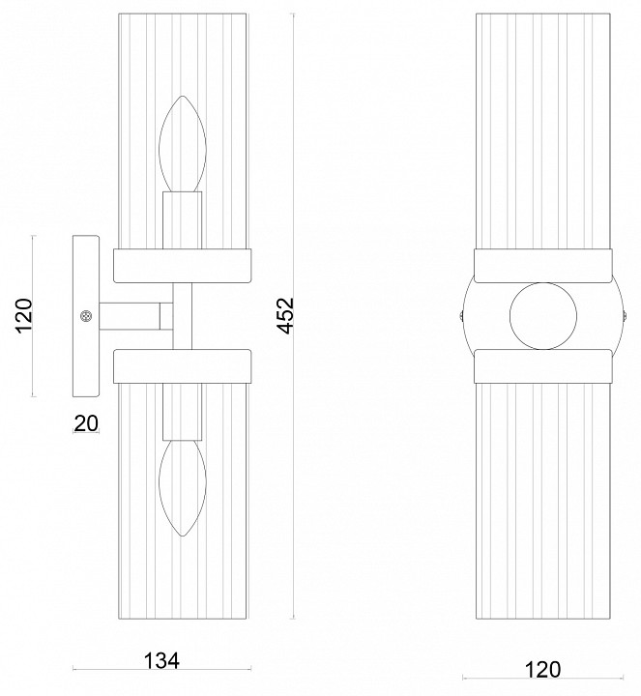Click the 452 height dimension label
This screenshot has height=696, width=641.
click(x=285, y=315)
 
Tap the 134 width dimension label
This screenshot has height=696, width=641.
click(x=161, y=661)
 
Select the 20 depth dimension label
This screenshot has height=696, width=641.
click(x=86, y=423)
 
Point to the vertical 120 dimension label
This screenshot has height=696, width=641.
click(x=24, y=315)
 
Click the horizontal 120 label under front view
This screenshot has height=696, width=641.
click(x=542, y=669)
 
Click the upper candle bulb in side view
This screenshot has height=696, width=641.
click(x=183, y=144)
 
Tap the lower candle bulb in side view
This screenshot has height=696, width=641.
click(x=183, y=488)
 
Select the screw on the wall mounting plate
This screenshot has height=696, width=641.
click(x=86, y=316)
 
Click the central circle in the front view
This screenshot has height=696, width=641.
click(x=543, y=316)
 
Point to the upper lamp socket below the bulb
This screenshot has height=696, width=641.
click(x=182, y=220)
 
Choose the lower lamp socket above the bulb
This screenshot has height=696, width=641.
click(x=182, y=412)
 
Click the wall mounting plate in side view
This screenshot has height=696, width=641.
click(x=86, y=316)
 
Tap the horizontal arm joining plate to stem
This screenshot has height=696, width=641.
click(x=135, y=316)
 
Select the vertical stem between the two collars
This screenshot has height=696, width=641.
click(x=183, y=316)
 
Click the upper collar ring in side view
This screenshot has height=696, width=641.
click(x=183, y=266)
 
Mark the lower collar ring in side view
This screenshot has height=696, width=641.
click(x=183, y=366)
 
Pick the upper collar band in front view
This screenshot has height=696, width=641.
click(x=543, y=266)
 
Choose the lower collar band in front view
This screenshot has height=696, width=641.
click(x=543, y=366)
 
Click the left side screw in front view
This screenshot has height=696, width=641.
click(x=461, y=316)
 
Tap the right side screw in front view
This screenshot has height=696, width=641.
click(x=625, y=316)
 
